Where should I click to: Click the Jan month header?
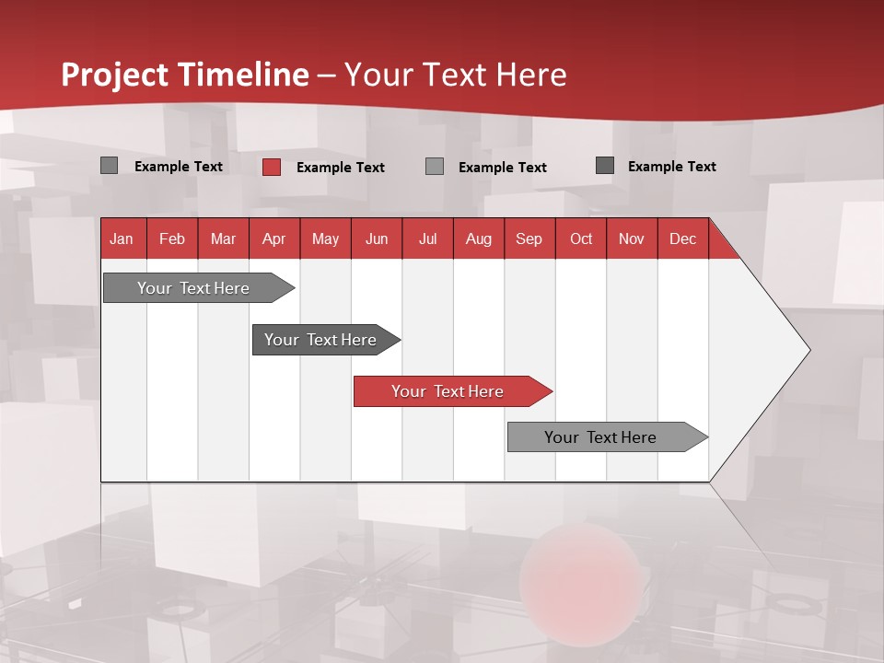coord(122,238)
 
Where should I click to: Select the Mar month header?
coord(223,238)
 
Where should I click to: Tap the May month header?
coord(325,238)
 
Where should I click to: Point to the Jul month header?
coord(427,238)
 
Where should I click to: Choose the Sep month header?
coord(529,238)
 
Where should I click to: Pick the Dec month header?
coord(682,238)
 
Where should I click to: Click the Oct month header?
coord(581,238)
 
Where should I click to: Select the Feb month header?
coord(172,238)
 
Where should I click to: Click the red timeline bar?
coord(448,391)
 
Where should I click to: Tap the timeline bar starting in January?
coord(193,288)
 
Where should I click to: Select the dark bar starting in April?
coord(320,340)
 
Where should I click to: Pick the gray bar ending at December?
coord(600,437)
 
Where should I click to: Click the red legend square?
coord(272,167)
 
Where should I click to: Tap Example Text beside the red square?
coord(341,168)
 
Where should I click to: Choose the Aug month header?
coord(478,238)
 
